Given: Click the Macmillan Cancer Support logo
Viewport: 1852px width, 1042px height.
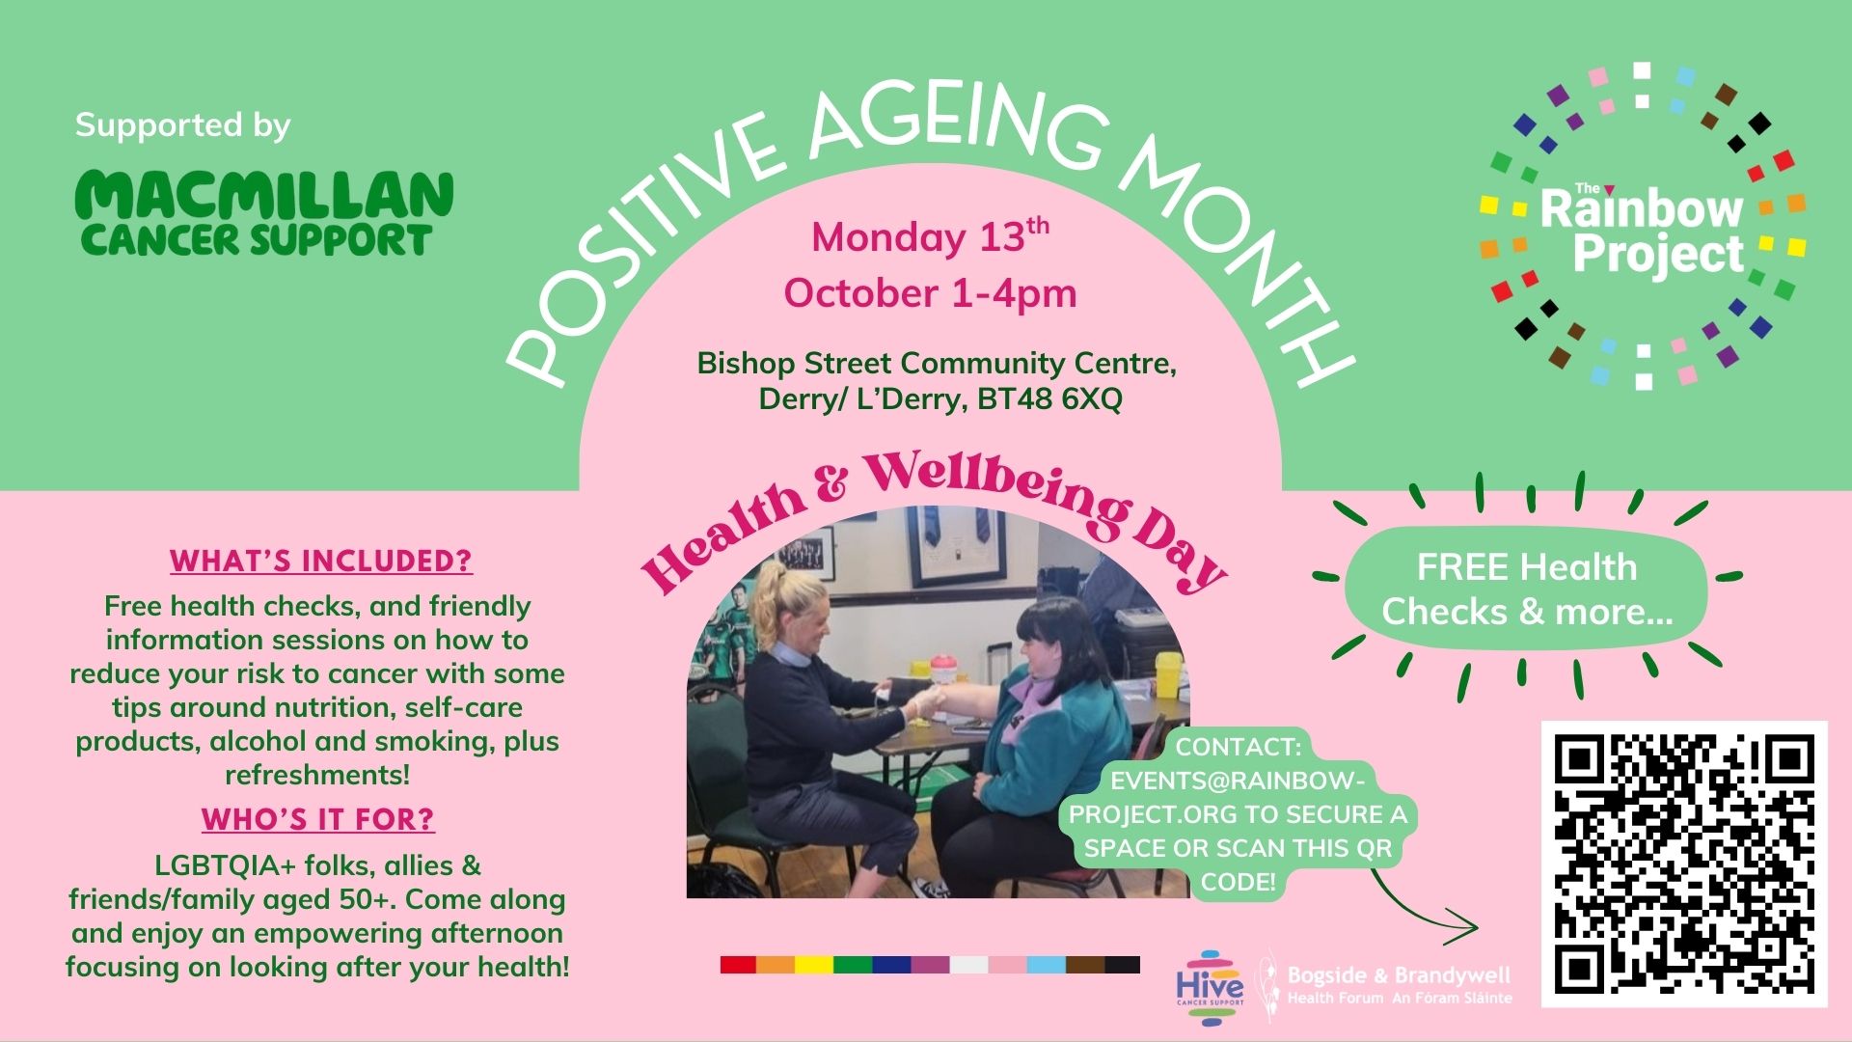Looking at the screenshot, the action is pyautogui.click(x=263, y=213).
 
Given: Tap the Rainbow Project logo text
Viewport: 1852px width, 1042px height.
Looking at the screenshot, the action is pyautogui.click(x=1642, y=231).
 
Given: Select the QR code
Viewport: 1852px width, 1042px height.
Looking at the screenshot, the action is pyautogui.click(x=1684, y=864).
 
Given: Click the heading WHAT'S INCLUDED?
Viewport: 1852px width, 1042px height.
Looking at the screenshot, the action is pyautogui.click(x=321, y=561).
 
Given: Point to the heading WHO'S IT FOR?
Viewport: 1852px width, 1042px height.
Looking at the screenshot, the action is pyautogui.click(x=318, y=819).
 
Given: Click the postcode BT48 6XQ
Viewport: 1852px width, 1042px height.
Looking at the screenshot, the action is pyautogui.click(x=1049, y=399).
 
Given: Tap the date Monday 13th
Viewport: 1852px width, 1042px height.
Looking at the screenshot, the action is pyautogui.click(x=930, y=236).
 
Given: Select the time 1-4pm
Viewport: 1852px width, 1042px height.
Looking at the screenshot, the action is pyautogui.click(x=1014, y=293).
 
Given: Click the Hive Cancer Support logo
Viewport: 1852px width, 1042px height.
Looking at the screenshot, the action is pyautogui.click(x=1210, y=987).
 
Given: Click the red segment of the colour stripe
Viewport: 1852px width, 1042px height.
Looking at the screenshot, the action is pyautogui.click(x=738, y=965).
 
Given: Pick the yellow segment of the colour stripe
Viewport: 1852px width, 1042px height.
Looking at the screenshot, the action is pyautogui.click(x=814, y=965).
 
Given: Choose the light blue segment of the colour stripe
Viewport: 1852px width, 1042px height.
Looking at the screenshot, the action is pyautogui.click(x=1046, y=965).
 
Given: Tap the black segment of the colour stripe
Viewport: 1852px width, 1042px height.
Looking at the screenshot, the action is pyautogui.click(x=1122, y=965).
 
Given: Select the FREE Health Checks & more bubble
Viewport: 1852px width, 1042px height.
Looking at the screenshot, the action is pyautogui.click(x=1526, y=589).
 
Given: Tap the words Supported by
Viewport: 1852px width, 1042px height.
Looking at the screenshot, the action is pyautogui.click(x=182, y=125).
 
